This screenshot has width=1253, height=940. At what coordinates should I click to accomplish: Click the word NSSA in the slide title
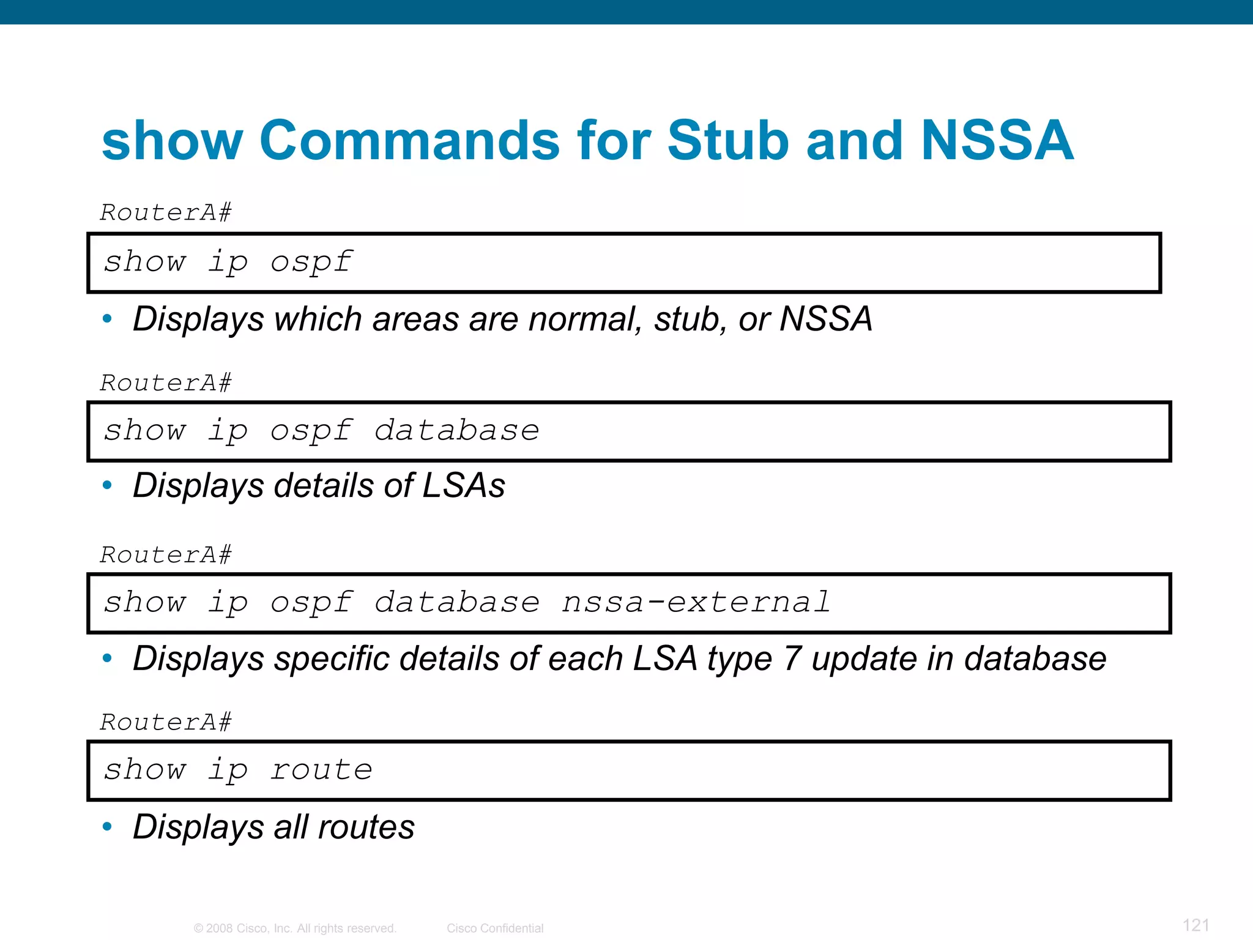(997, 140)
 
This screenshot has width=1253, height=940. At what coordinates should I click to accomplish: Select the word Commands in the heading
(409, 140)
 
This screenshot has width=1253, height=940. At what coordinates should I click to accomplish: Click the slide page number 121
(1196, 925)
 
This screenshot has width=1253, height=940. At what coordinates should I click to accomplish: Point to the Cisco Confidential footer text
(495, 928)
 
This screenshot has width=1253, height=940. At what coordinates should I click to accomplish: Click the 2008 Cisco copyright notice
(295, 928)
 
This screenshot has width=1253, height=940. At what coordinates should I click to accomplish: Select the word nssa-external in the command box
(696, 602)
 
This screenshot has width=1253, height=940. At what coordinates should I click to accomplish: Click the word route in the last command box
(322, 770)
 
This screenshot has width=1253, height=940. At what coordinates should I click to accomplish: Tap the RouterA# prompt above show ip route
(166, 723)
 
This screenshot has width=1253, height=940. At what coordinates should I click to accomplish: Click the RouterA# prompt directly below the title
(166, 213)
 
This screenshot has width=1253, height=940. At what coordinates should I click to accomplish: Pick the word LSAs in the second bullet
(464, 486)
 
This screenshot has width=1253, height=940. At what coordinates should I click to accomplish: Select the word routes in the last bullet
(366, 827)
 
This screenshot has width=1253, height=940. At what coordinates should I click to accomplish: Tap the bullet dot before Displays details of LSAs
(108, 486)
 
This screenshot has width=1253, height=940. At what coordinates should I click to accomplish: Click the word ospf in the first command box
(311, 262)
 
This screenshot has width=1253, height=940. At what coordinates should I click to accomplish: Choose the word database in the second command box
(456, 431)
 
